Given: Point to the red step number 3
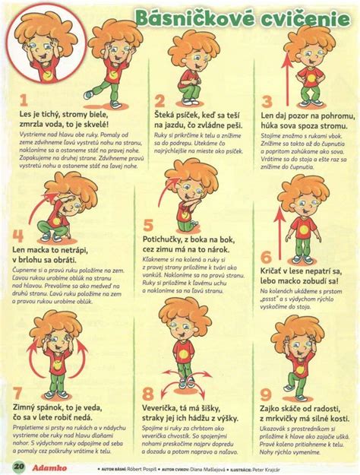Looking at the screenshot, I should (x=267, y=100).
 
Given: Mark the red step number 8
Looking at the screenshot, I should (x=149, y=393).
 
